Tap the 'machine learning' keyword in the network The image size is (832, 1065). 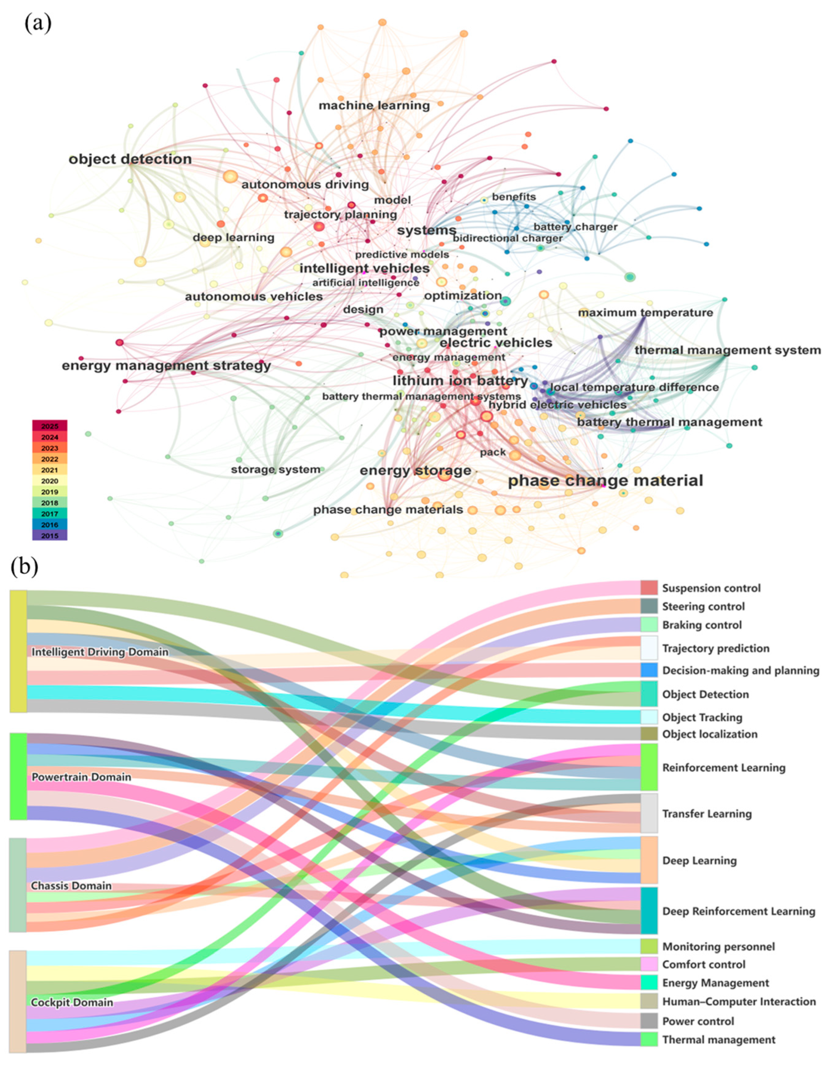coord(374,105)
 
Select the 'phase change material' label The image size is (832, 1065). coord(605,481)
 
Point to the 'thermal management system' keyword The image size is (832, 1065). coord(727,350)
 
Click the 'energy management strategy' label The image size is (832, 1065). coord(166,366)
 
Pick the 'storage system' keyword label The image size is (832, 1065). coord(275,470)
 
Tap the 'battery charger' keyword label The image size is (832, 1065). coord(575,227)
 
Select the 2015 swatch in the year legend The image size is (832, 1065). coord(50,536)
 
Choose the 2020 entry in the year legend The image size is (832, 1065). coord(50,481)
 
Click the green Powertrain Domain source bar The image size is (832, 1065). coord(18,776)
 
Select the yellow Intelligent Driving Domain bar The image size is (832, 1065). coord(18,651)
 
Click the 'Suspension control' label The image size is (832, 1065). coord(711,588)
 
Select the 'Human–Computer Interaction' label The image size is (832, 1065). coord(738,1001)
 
